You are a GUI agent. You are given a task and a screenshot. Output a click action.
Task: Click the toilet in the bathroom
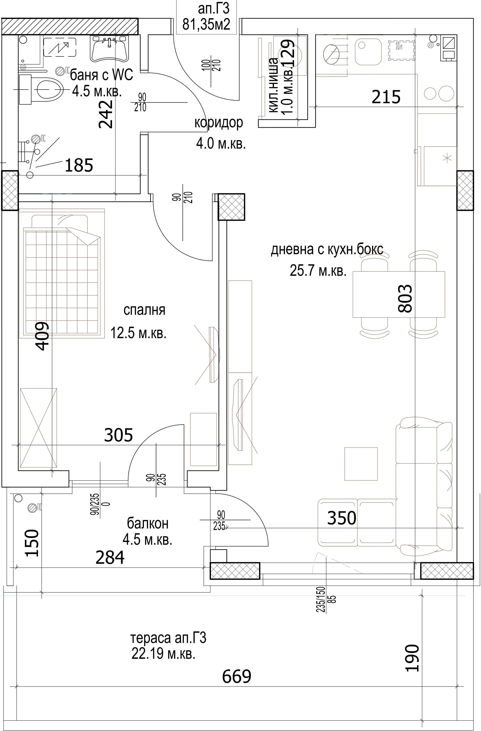42,89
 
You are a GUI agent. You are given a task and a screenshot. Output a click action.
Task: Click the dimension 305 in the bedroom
119,435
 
